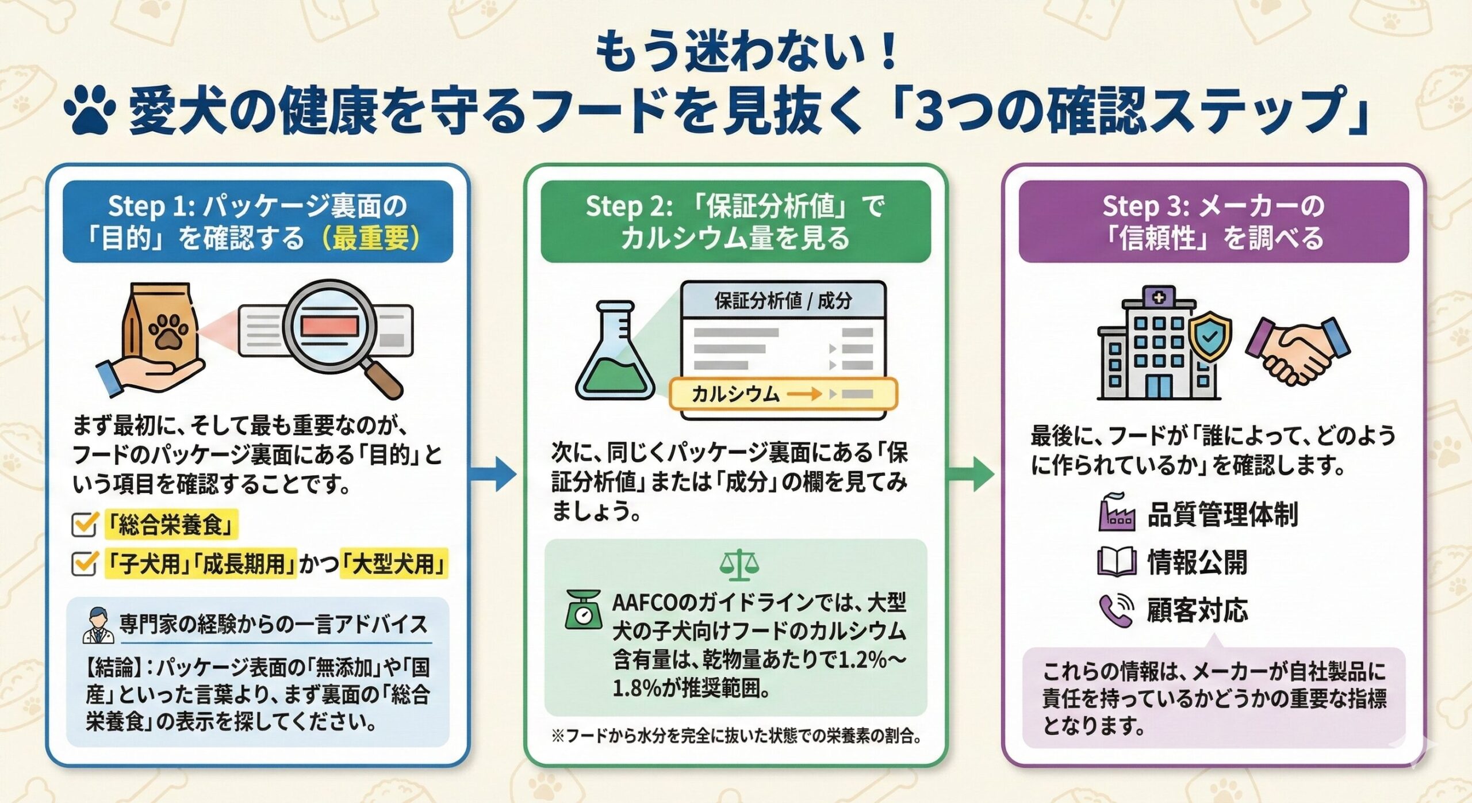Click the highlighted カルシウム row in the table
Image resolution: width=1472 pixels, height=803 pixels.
pyautogui.click(x=782, y=394)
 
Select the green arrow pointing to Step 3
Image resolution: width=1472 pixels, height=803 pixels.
pyautogui.click(x=972, y=475)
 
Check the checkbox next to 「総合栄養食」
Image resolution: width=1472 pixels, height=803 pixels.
pyautogui.click(x=84, y=524)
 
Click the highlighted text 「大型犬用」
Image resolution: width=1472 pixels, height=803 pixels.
pyautogui.click(x=393, y=563)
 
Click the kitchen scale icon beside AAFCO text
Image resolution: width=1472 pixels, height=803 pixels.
pyautogui.click(x=583, y=610)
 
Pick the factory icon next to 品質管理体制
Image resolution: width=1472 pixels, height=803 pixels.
pyautogui.click(x=1116, y=513)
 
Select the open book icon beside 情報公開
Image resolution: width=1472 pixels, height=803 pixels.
pyautogui.click(x=1116, y=562)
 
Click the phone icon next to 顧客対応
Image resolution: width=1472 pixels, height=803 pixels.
pyautogui.click(x=1116, y=610)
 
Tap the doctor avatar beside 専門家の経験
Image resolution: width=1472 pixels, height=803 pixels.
pyautogui.click(x=98, y=625)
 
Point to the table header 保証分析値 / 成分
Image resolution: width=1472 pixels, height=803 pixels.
pyautogui.click(x=783, y=301)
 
